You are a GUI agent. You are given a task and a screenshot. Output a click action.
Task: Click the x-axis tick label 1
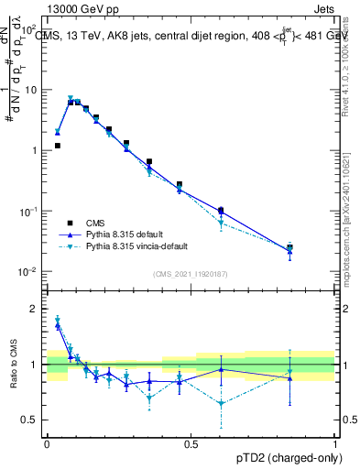pyautogui.click(x=334, y=443)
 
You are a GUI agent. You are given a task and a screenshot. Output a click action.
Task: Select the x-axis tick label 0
pyautogui.click(x=47, y=443)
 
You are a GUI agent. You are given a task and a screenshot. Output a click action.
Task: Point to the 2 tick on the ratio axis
pyautogui.click(x=35, y=309)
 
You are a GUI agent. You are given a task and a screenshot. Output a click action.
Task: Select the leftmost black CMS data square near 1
pyautogui.click(x=57, y=146)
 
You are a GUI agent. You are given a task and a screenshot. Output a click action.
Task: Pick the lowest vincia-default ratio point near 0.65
pyautogui.click(x=221, y=403)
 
